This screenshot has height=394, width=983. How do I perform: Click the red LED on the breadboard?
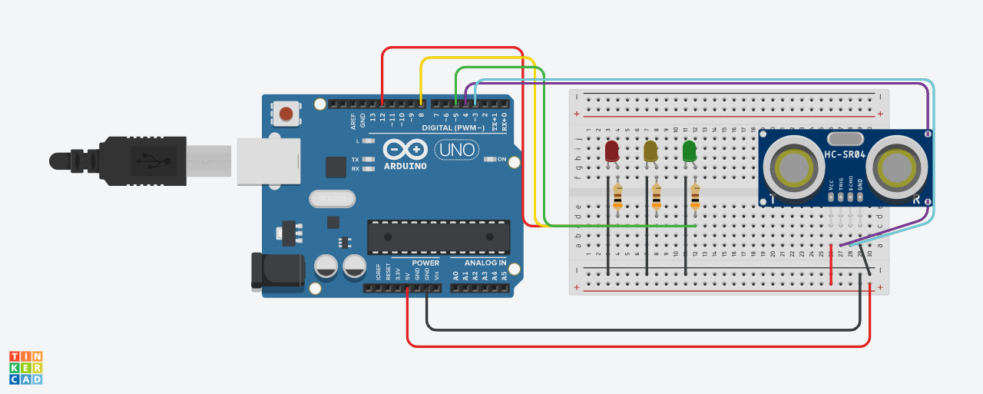point(612,151)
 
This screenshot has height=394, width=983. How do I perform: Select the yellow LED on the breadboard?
point(650,151)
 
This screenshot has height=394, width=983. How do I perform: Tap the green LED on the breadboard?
point(690,151)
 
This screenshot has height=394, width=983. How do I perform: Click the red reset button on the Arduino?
point(286,114)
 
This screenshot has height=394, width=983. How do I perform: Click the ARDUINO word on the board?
point(405,166)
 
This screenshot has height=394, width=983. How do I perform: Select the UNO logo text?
point(455,150)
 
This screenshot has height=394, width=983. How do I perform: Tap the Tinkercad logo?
point(25,367)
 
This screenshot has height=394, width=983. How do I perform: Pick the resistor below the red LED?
point(617,197)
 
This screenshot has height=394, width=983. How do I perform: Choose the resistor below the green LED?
point(695,197)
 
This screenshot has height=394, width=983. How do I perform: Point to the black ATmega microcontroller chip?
point(439,237)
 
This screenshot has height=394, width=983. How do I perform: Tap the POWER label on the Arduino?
point(425,263)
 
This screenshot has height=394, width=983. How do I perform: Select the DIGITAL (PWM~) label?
point(453,127)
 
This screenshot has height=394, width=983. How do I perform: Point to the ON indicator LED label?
point(501,160)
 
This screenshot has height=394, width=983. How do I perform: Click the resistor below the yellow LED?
point(656,197)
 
